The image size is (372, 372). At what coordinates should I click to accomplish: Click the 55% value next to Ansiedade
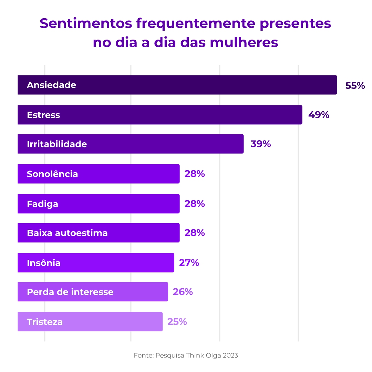tap(355, 85)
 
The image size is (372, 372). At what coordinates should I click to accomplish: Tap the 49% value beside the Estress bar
tap(319, 115)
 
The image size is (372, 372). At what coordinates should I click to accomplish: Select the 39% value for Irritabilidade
tap(261, 144)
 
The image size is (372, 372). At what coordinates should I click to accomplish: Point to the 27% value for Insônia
tap(189, 263)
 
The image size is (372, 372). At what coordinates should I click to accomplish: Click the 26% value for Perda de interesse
tap(183, 292)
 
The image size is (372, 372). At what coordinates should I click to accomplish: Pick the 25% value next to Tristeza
tap(177, 322)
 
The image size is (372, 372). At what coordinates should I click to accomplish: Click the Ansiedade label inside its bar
tap(51, 85)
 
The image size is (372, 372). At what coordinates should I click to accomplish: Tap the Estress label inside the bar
tap(43, 115)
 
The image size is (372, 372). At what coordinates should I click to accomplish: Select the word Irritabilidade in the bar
tap(57, 144)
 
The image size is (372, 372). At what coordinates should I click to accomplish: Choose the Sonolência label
tap(52, 174)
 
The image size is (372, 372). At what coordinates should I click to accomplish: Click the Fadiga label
tap(42, 204)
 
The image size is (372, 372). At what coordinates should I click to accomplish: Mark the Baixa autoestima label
tap(67, 233)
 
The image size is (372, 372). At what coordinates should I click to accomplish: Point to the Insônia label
tap(44, 263)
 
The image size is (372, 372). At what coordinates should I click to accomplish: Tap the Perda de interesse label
tap(70, 292)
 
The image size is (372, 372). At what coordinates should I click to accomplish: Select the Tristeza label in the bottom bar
tap(45, 322)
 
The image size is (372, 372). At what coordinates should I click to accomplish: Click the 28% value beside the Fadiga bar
tap(195, 204)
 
